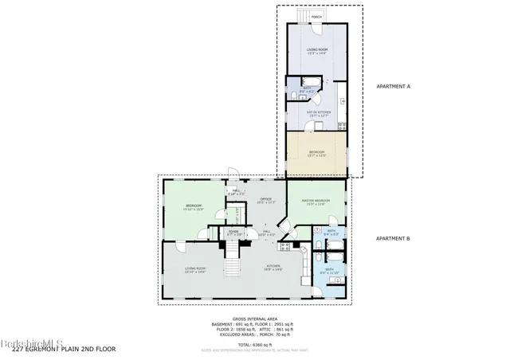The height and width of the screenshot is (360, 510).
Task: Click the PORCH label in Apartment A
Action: pos(316,17)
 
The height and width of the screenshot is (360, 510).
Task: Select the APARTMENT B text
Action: pos(394,238)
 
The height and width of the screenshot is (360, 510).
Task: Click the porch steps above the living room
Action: pos(301,17)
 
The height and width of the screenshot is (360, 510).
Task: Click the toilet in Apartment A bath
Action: pos(293,96)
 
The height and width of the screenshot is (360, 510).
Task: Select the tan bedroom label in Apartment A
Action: pos(316,155)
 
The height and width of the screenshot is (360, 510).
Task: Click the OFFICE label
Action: pos(266,199)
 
